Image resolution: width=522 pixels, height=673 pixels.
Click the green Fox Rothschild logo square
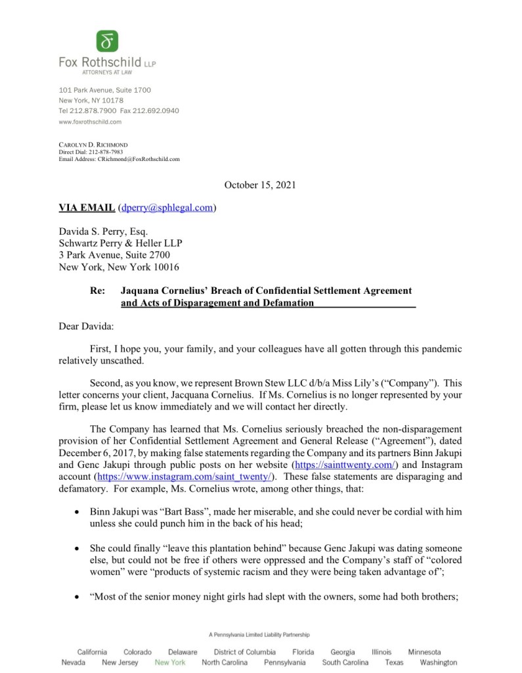(108, 41)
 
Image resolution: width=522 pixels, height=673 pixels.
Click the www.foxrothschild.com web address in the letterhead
(90, 122)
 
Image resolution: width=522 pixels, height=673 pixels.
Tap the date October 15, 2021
(260, 185)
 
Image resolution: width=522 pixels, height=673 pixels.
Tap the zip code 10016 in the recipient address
(165, 267)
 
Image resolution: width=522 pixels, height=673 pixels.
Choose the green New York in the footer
(170, 662)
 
